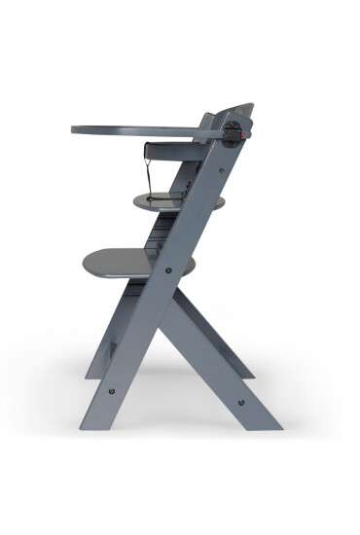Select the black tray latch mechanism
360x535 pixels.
231,133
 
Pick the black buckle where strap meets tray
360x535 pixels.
150,148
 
